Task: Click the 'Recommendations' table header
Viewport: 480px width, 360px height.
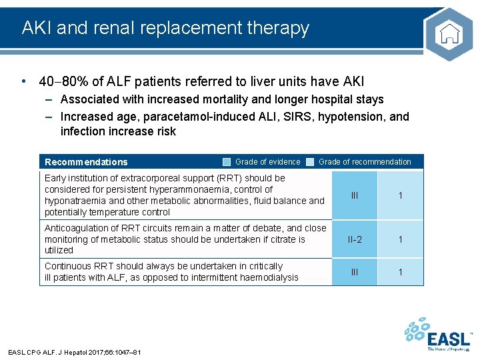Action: tap(86, 162)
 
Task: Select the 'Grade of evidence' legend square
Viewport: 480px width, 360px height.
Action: tap(227, 162)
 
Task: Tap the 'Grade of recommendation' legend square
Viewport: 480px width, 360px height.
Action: tap(310, 162)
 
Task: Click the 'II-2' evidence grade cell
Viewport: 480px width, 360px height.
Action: tap(355, 239)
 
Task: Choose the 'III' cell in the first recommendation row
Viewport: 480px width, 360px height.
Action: tap(355, 195)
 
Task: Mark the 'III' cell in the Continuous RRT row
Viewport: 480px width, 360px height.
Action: tap(355, 272)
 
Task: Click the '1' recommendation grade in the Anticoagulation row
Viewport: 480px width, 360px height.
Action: tap(401, 239)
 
